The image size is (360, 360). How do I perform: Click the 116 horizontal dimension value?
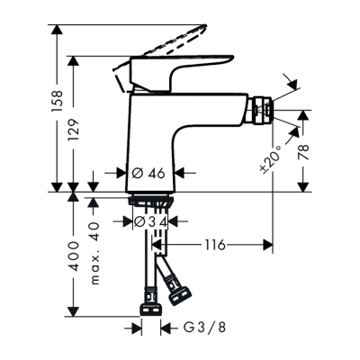[x=212, y=244]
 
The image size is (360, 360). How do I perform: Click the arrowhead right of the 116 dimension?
[x=267, y=244]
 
